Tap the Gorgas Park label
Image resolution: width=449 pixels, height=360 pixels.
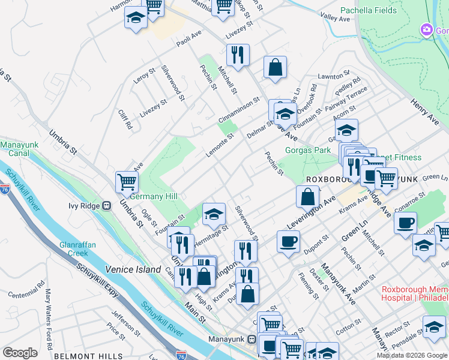pos(308,149)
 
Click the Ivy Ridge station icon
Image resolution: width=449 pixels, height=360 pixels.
pos(106,206)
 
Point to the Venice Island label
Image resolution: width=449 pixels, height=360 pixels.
pos(133,269)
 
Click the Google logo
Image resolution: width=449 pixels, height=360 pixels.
pos(20,352)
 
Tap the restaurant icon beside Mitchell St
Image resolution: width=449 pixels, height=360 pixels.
pos(238,55)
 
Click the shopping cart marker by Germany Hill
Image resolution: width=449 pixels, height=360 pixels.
pos(127,181)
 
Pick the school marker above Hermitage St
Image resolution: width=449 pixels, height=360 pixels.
pos(213,213)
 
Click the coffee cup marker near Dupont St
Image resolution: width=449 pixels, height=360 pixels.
pos(289,241)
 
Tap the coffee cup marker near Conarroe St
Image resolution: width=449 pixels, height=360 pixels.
pos(405,223)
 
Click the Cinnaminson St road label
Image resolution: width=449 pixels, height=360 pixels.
pos(239,111)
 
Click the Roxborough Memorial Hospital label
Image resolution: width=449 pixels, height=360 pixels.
pos(415,293)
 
